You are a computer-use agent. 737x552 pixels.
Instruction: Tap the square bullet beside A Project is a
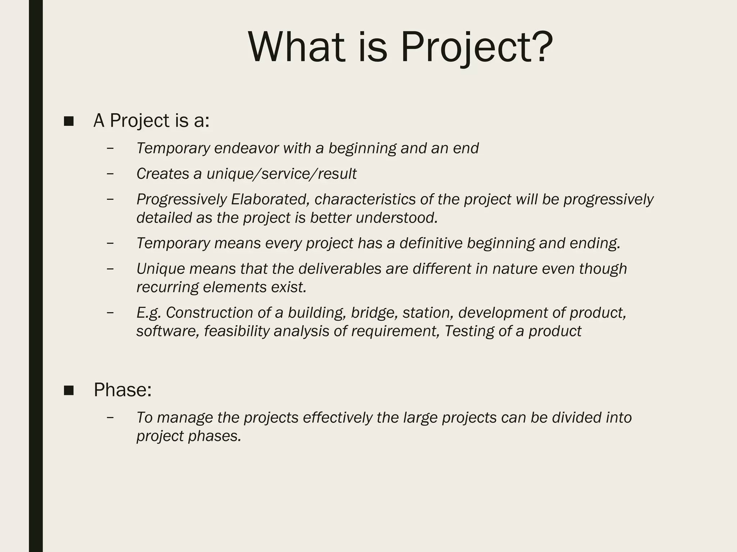click(x=68, y=121)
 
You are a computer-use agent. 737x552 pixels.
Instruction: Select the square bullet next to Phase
click(x=68, y=390)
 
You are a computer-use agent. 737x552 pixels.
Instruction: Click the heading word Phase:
click(x=123, y=390)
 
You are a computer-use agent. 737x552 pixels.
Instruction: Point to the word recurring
click(x=167, y=287)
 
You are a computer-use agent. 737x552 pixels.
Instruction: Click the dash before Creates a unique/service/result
click(x=110, y=174)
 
